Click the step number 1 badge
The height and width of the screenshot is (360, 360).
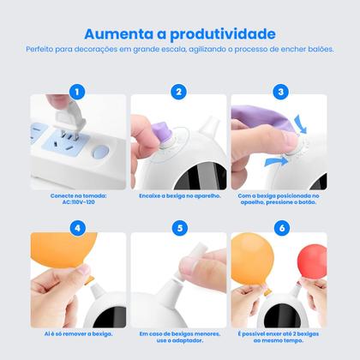coord(79,90)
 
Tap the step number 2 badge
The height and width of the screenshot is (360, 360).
coord(179,90)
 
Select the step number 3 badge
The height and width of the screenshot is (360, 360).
coord(280,90)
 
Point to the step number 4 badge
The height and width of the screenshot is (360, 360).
coord(79,228)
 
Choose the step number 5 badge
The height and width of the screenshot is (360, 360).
coord(179,228)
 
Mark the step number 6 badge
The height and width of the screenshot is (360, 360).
coord(280,228)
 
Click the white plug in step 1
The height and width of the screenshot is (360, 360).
coord(61,113)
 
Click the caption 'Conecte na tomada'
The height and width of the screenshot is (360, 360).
coord(79,195)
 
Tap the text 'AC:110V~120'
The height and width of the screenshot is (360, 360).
coord(79,204)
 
